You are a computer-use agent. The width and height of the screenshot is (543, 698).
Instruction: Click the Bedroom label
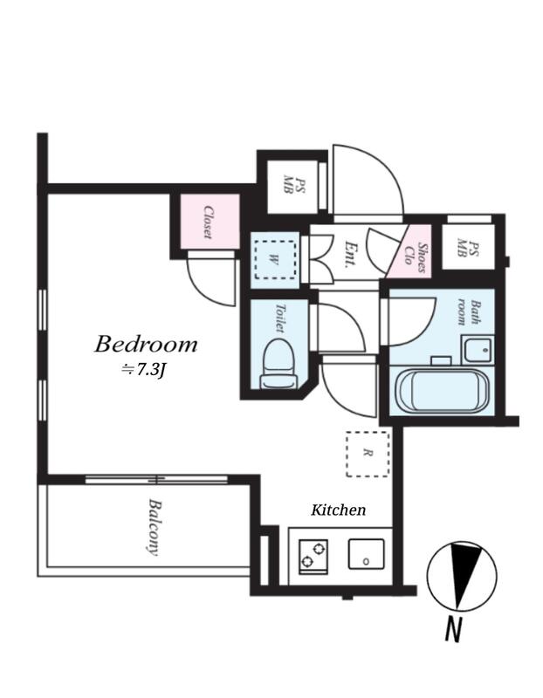tap(146, 345)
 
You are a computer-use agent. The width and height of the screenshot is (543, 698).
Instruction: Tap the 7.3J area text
tap(144, 370)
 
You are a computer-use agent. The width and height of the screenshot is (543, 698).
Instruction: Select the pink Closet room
tap(210, 222)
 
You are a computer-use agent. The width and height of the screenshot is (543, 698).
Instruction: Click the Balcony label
tap(154, 527)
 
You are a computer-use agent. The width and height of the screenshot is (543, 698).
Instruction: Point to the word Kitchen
tap(338, 510)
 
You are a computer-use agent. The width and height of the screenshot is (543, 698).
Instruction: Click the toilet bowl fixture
tap(278, 364)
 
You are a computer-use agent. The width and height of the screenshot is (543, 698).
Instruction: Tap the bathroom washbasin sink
tap(478, 350)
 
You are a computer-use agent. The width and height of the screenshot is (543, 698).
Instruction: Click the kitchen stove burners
tap(313, 557)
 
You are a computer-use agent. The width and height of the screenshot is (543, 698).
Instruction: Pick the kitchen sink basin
tap(366, 554)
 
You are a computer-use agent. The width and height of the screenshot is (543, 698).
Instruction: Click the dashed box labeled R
tap(368, 454)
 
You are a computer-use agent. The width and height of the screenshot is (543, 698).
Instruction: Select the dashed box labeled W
tap(275, 260)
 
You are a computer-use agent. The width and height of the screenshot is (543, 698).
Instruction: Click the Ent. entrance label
tap(350, 253)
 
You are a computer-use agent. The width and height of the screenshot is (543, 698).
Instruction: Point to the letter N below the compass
tap(452, 629)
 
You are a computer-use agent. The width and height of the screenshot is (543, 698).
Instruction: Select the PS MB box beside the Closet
tap(292, 186)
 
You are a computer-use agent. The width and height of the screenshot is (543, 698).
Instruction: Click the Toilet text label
tap(279, 318)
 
